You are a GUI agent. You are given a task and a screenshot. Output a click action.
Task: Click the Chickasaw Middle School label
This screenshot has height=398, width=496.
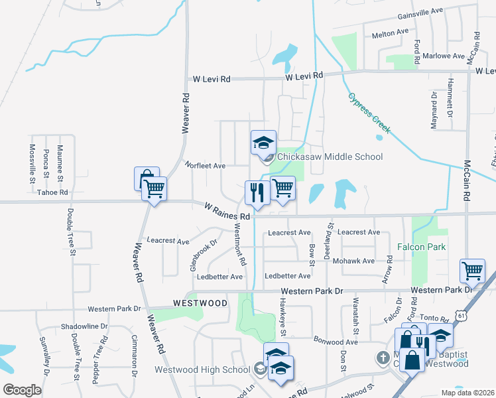coord(330,157)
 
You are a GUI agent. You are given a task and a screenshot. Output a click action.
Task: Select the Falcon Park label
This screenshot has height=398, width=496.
coord(421,247)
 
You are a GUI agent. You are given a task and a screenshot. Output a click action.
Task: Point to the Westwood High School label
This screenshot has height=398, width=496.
coord(202,369)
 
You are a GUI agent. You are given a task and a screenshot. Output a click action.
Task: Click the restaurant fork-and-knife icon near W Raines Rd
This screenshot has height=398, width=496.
coord(257,192)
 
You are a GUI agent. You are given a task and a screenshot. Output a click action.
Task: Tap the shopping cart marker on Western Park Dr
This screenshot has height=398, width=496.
coord(472,270)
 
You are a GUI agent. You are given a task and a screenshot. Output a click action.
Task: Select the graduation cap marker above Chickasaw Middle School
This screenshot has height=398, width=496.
coord(263,142)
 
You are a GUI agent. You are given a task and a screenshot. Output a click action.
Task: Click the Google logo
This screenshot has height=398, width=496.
coord(22,389)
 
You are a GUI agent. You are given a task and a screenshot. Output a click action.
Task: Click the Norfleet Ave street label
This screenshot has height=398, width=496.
coord(205,165)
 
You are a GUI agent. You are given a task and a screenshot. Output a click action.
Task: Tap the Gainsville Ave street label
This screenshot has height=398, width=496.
coord(419,12)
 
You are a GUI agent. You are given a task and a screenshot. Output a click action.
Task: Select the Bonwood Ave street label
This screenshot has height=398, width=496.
coord(336,341)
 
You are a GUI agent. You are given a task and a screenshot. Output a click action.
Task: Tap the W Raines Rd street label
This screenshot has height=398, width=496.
coord(227,212)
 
